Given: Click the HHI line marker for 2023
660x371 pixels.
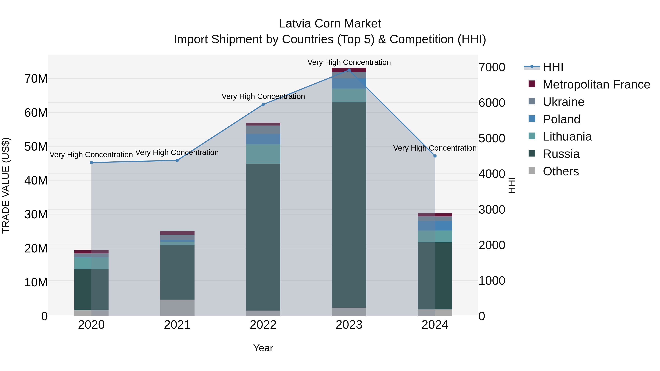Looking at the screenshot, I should click(x=349, y=70).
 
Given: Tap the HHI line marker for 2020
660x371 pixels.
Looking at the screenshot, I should click(x=91, y=163).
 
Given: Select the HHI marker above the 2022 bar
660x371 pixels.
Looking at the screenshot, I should click(x=263, y=104).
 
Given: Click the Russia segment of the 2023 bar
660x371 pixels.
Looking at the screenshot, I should click(x=349, y=205).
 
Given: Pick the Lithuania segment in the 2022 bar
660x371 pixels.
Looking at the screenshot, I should click(x=263, y=154).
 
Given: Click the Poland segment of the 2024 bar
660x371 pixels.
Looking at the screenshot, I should click(x=435, y=226).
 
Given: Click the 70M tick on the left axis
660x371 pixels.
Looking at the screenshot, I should click(x=36, y=79).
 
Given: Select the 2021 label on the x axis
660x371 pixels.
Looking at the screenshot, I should click(x=177, y=325).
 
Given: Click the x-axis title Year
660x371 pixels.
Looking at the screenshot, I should click(x=263, y=348).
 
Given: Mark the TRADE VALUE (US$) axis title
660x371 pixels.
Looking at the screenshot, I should click(x=6, y=185).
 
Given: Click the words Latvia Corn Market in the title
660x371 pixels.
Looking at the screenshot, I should click(x=330, y=24).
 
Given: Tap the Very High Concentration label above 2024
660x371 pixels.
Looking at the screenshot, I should click(x=435, y=148).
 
